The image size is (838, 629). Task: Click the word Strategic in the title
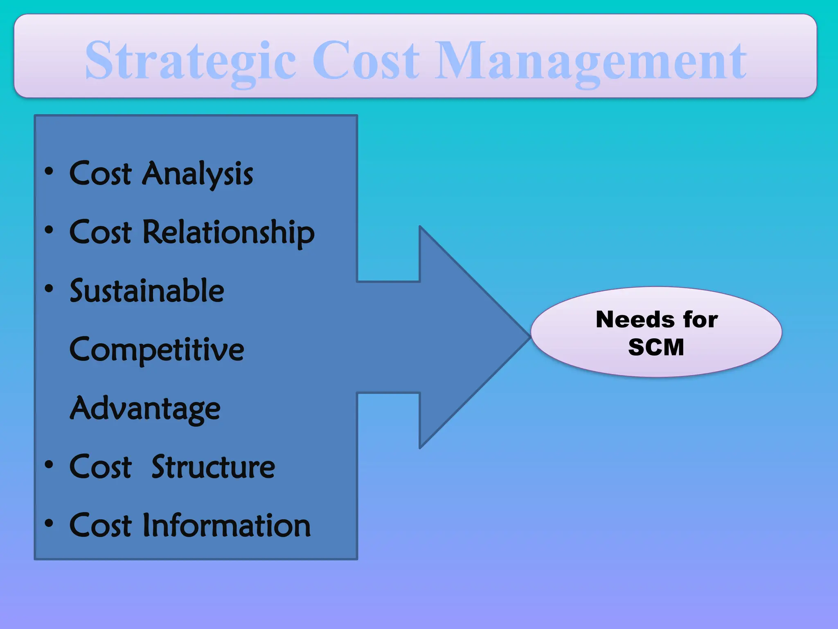191,61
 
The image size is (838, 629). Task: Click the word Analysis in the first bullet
198,174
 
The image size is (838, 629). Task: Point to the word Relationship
229,233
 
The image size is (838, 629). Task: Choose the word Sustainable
147,291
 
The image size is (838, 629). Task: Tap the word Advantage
145,409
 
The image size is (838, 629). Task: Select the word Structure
213,467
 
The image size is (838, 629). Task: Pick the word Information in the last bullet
227,525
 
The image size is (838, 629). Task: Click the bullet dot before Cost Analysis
49,172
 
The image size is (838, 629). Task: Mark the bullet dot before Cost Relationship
49,230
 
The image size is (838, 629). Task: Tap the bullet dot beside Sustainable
49,289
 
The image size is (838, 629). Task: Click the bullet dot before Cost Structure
49,465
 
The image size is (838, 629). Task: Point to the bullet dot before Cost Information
49,523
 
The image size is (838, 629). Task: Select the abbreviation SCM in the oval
656,347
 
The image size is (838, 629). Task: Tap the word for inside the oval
700,319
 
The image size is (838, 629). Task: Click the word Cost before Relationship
101,233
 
